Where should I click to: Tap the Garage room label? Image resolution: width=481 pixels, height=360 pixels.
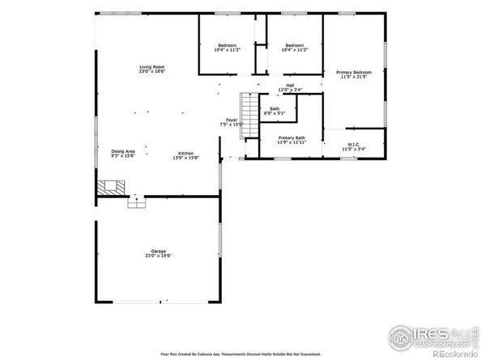click(x=158, y=252)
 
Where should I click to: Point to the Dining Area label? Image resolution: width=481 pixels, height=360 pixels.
click(x=123, y=151)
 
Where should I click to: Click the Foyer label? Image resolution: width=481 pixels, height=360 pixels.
click(x=232, y=121)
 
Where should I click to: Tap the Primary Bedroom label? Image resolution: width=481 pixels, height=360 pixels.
click(x=354, y=73)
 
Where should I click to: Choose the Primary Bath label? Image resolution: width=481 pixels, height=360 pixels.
click(x=292, y=138)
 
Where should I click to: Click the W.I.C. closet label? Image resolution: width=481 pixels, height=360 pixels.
click(x=354, y=145)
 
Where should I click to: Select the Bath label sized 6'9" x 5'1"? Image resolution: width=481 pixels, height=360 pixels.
click(x=275, y=109)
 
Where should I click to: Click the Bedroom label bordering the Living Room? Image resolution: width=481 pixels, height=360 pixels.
click(x=227, y=44)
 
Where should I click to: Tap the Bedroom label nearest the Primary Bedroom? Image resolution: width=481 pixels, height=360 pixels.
click(x=294, y=44)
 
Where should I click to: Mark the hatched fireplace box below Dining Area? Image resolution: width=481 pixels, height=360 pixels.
click(x=108, y=187)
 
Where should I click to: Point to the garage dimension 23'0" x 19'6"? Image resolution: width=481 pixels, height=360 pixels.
click(x=158, y=256)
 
